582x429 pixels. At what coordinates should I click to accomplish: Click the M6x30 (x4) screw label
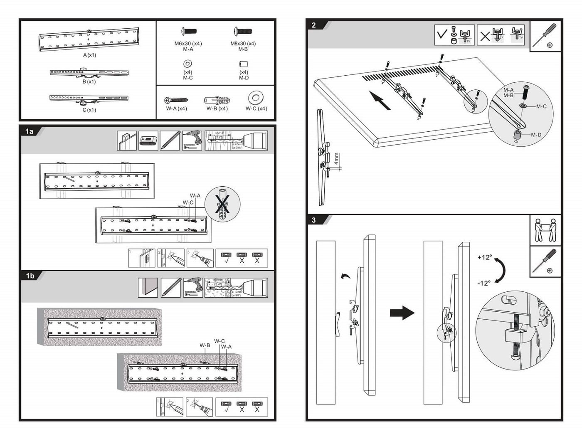(188, 43)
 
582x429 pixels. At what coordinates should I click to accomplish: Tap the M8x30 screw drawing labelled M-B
(243, 31)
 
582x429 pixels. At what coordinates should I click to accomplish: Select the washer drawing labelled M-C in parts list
(187, 64)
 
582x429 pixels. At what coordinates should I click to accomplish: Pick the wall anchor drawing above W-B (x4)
(217, 100)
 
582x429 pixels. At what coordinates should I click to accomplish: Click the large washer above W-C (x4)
(256, 98)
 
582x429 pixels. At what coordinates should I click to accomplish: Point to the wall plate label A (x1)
(89, 55)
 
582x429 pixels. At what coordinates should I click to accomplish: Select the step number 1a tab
(30, 131)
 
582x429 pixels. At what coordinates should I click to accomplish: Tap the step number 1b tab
(30, 276)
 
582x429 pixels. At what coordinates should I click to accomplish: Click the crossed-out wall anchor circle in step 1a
(222, 204)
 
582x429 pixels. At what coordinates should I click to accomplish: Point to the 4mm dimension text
(336, 158)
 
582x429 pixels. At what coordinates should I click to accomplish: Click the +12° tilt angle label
(485, 257)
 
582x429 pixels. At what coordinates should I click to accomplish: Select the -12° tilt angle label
(484, 283)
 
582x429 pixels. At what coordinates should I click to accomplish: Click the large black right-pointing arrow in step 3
(402, 313)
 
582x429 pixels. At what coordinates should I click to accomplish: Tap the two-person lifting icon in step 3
(545, 230)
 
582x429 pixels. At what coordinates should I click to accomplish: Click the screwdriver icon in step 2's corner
(545, 35)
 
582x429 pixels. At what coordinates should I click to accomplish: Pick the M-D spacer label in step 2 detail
(536, 135)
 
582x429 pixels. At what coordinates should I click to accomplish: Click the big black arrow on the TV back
(380, 101)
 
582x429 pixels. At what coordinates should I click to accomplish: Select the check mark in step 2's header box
(442, 34)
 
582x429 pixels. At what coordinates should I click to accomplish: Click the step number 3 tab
(314, 220)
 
